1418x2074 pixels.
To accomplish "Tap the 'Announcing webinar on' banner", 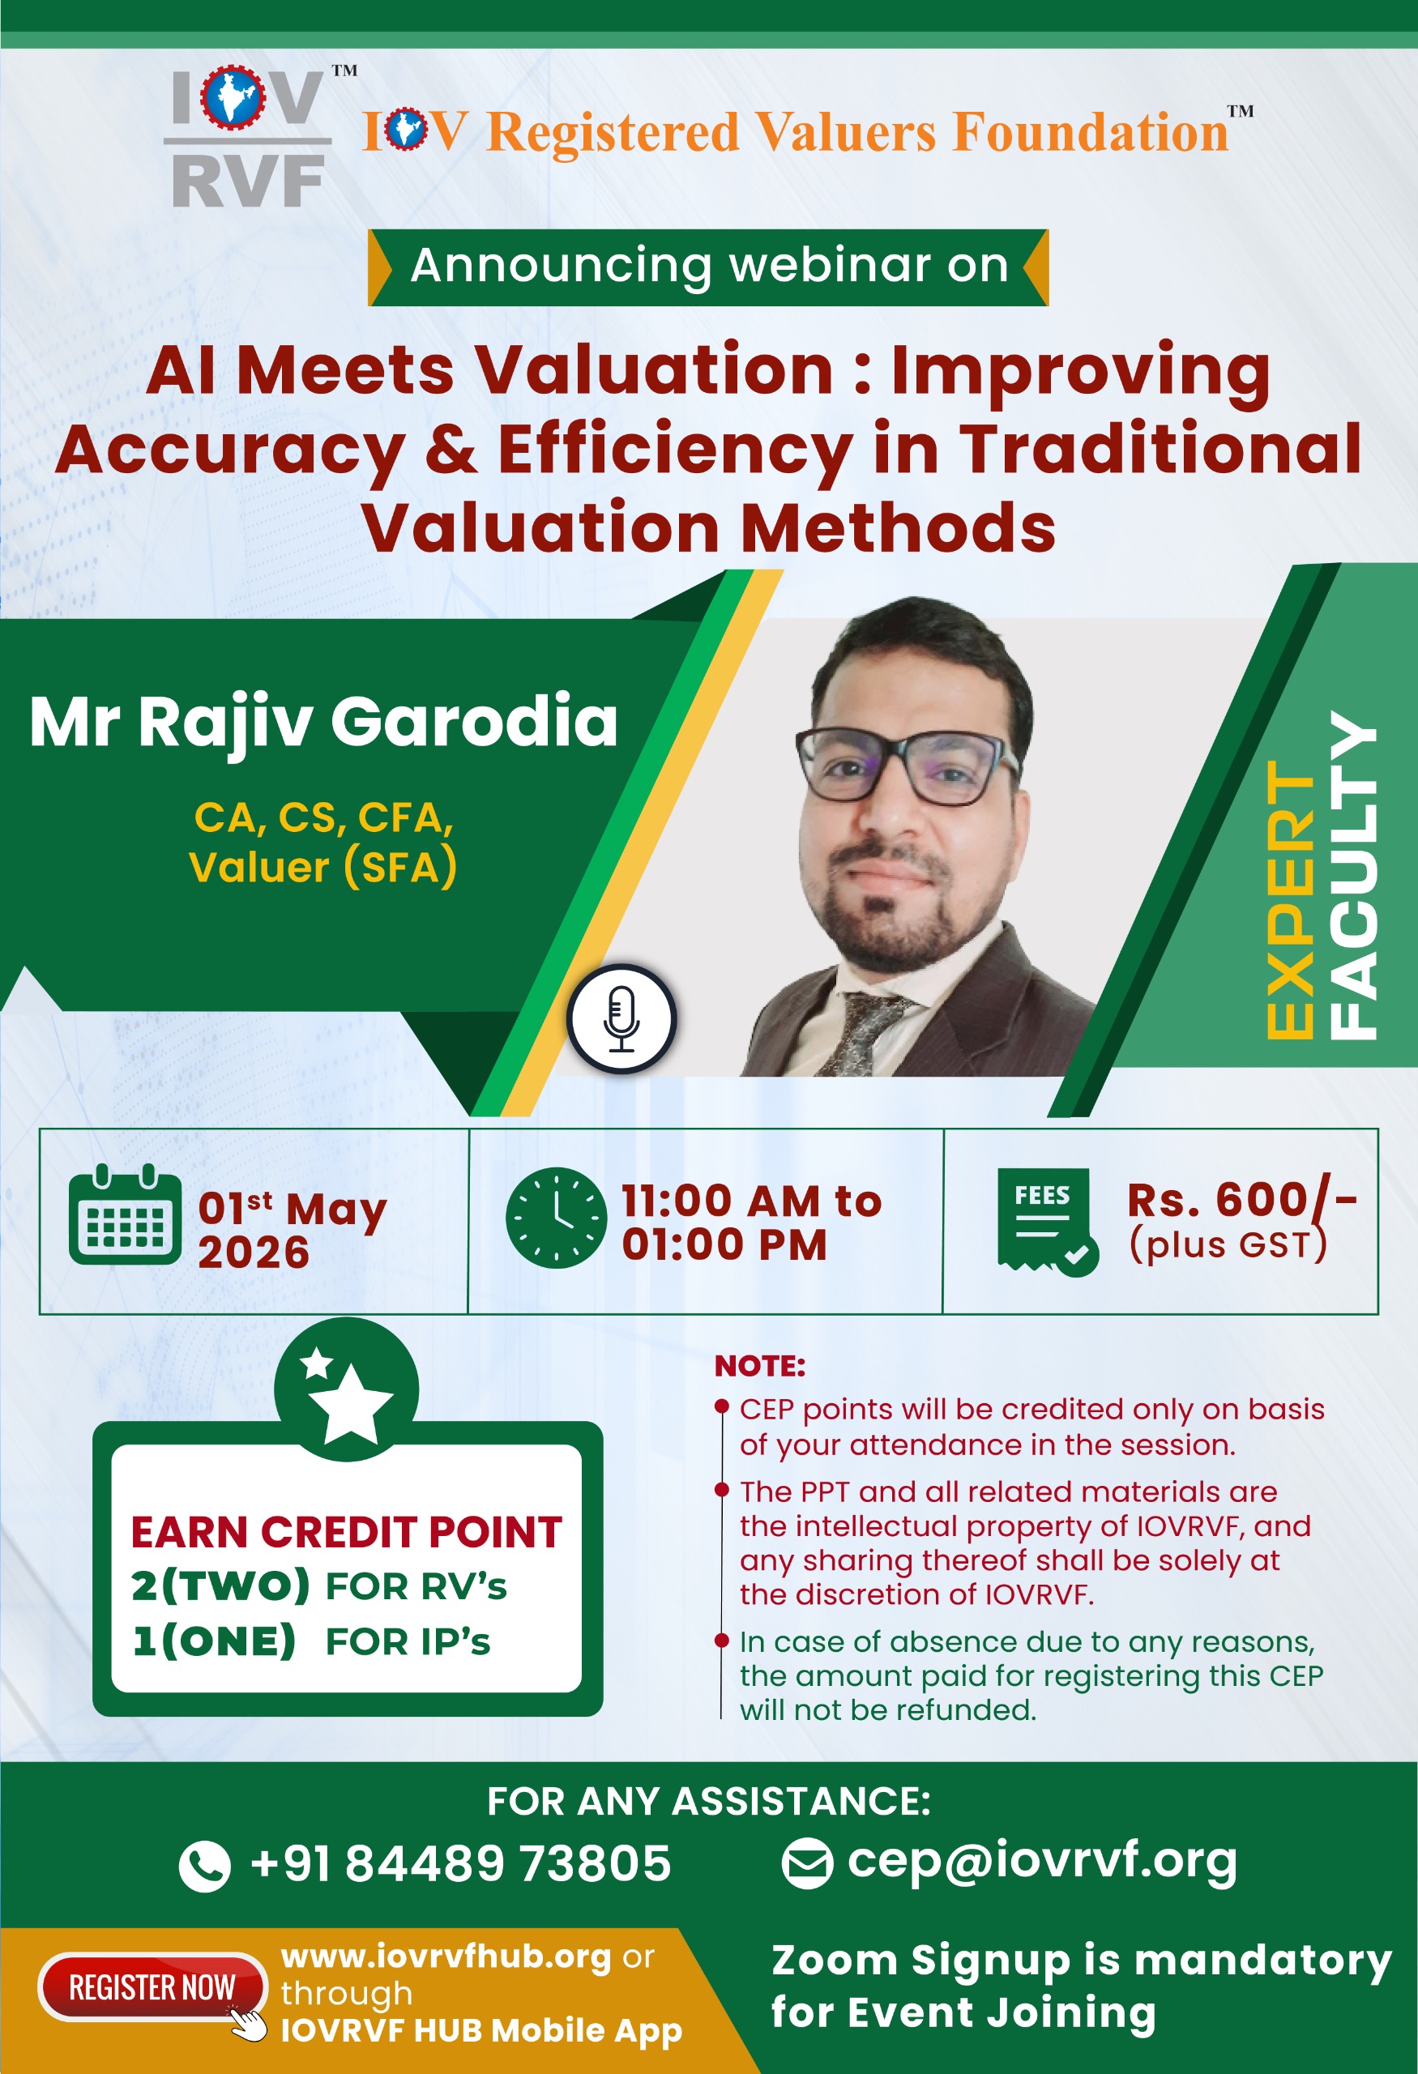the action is pyautogui.click(x=708, y=267).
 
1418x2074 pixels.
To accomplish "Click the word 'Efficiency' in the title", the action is pyautogui.click(x=675, y=450).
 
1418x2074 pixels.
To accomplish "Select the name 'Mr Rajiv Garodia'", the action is pyautogui.click(x=323, y=721).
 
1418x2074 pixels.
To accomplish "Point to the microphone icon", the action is pyautogui.click(x=622, y=1018).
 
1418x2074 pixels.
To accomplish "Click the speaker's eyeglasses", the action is pyautogui.click(x=908, y=765).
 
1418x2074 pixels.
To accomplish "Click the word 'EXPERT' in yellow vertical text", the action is pyautogui.click(x=1289, y=899).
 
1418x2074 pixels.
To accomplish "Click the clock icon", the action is pyautogui.click(x=556, y=1218).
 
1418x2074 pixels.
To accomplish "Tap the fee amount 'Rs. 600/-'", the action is pyautogui.click(x=1242, y=1201).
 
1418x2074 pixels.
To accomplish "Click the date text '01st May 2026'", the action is pyautogui.click(x=293, y=1229).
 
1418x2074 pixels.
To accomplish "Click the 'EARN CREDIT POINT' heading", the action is pyautogui.click(x=346, y=1532).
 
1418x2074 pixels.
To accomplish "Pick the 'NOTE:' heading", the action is pyautogui.click(x=759, y=1365).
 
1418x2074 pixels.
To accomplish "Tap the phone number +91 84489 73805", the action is pyautogui.click(x=460, y=1863).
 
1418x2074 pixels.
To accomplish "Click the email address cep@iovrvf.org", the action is pyautogui.click(x=1042, y=1862).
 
